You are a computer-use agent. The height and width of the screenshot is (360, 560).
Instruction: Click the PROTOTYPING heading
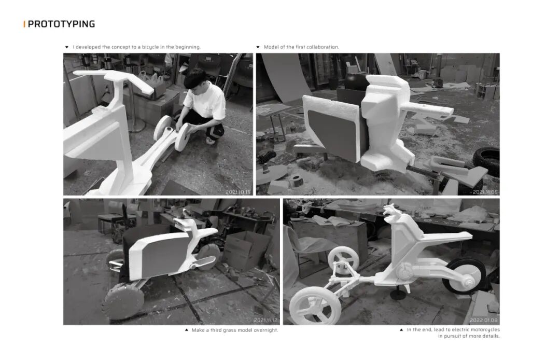pyautogui.click(x=61, y=24)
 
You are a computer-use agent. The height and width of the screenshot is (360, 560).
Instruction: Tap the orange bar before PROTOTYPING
pyautogui.click(x=24, y=24)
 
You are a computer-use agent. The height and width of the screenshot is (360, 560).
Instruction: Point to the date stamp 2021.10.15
pyautogui.click(x=238, y=192)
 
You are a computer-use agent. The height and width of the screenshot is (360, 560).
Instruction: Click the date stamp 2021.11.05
pyautogui.click(x=485, y=192)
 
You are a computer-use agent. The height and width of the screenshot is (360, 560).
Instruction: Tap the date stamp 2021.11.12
pyautogui.click(x=265, y=321)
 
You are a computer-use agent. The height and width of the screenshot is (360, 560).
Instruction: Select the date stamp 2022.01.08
pyautogui.click(x=484, y=321)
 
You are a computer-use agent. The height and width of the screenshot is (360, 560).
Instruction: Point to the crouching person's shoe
pyautogui.click(x=211, y=141)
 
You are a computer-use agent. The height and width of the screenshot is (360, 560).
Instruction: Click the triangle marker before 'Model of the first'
pyautogui.click(x=258, y=47)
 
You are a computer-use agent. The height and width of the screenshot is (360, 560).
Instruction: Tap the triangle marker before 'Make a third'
pyautogui.click(x=187, y=330)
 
